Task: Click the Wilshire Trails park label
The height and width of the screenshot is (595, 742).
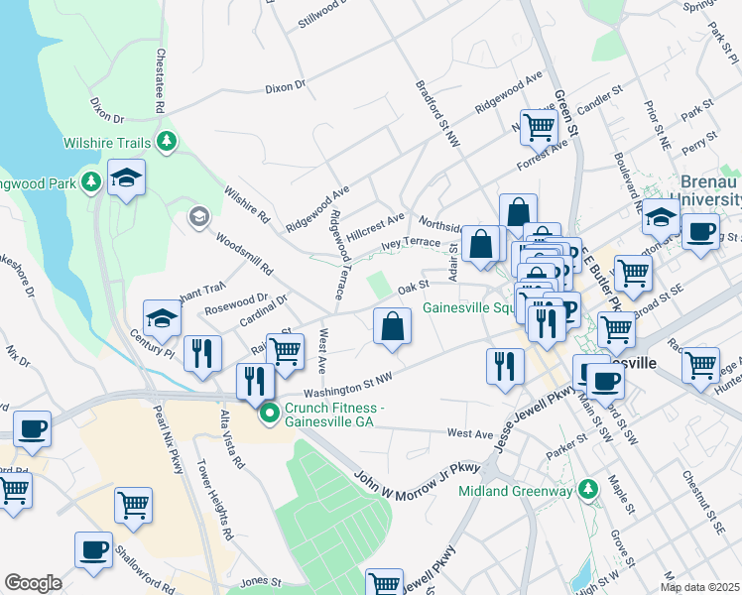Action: pos(106,143)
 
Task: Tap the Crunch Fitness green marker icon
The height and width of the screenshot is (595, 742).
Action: pos(268,413)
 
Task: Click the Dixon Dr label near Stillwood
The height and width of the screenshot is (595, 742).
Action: pos(285,87)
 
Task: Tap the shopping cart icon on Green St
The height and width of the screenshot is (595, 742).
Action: pos(538,126)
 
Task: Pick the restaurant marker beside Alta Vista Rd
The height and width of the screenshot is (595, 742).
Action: pos(255,380)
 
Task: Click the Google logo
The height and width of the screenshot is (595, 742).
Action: pos(33,583)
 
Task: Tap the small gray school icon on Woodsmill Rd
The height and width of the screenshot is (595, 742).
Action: pos(198,216)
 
